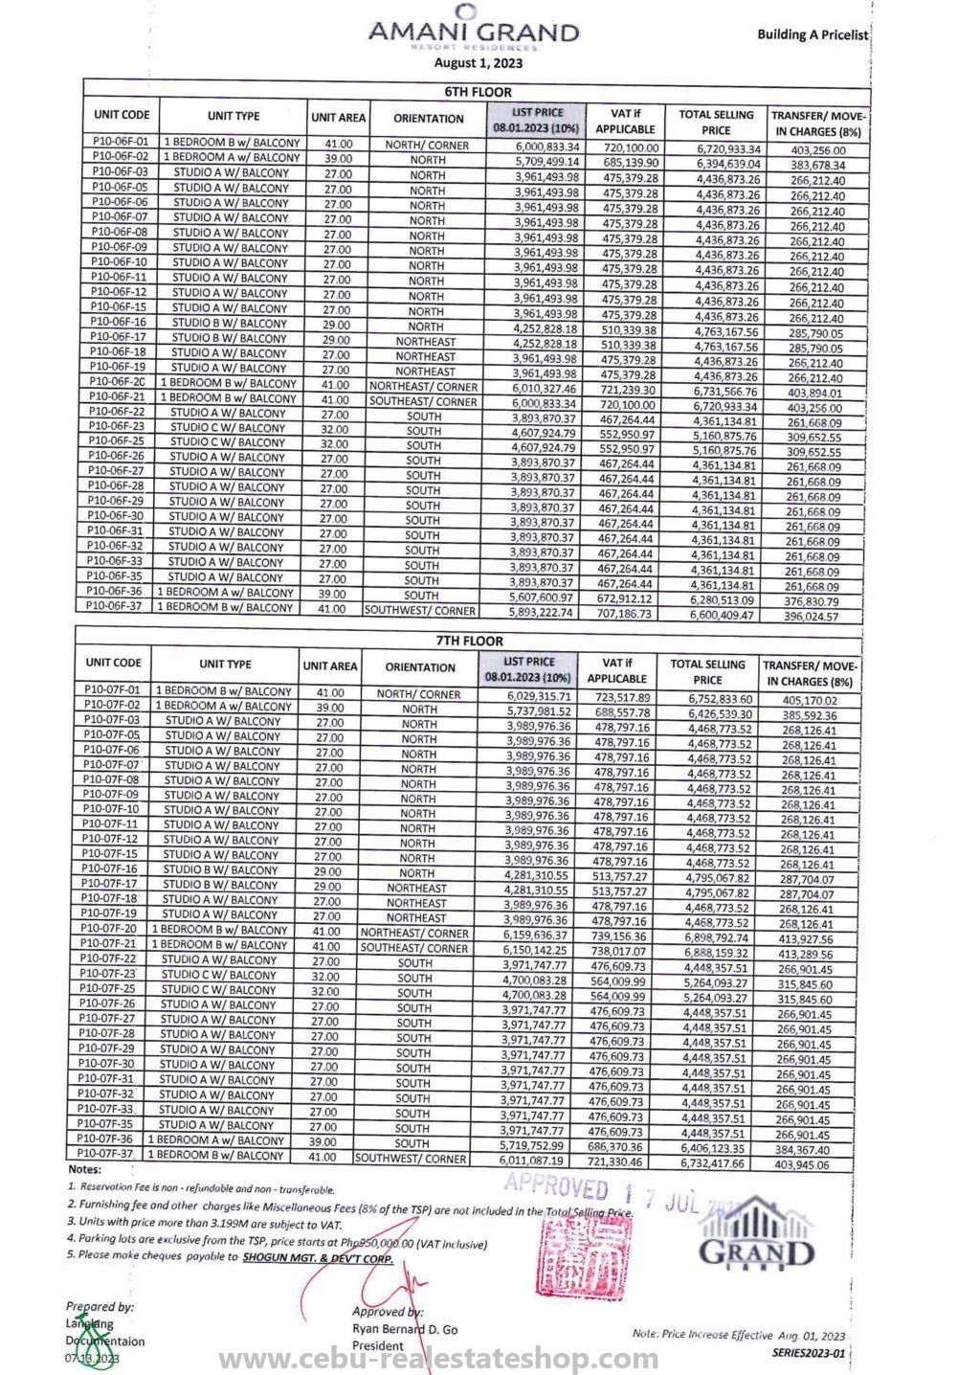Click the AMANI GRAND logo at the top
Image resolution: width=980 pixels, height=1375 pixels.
473,29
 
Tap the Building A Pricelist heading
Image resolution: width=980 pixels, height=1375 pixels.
813,34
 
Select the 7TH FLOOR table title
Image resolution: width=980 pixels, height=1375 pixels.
479,641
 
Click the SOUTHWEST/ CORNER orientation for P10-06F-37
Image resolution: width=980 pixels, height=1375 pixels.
420,610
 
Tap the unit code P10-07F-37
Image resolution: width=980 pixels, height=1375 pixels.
106,1154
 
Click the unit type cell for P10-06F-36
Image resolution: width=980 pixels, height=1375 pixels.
226,592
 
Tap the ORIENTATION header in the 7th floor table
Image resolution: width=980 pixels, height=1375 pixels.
420,667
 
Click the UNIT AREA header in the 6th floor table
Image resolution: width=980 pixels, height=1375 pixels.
338,118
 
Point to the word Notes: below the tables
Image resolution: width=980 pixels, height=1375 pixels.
84,1169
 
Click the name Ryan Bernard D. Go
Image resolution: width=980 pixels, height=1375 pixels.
405,1329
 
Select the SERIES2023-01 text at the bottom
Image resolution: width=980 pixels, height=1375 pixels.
808,1353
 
